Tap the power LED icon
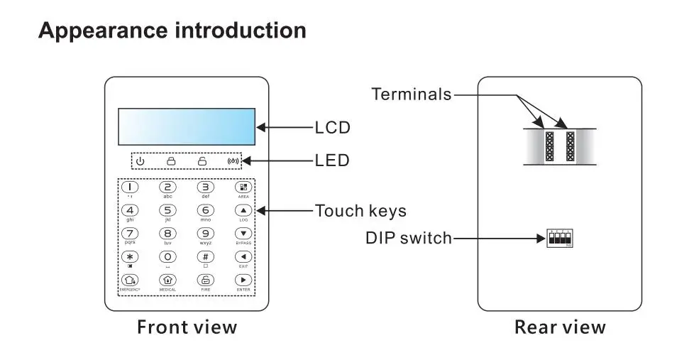click(x=140, y=161)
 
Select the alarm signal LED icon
click(x=233, y=161)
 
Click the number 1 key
click(x=130, y=187)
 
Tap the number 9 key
click(x=205, y=233)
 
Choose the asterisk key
click(x=130, y=256)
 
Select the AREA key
click(x=243, y=187)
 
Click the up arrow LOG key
click(x=243, y=210)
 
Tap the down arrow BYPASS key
click(x=243, y=233)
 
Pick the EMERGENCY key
click(x=130, y=280)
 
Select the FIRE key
click(x=205, y=280)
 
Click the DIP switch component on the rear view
click(x=560, y=239)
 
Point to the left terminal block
click(x=549, y=147)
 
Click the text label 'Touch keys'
click(x=360, y=211)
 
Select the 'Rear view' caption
click(x=560, y=327)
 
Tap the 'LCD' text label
click(x=332, y=128)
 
